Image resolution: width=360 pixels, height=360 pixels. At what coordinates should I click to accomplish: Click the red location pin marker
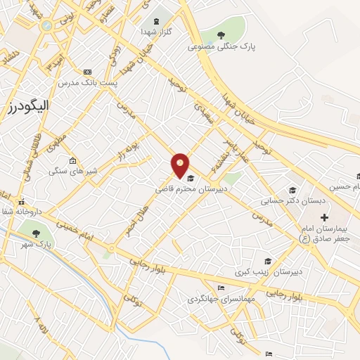tap(181, 165)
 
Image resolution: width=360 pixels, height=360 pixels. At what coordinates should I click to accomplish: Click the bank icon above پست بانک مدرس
tap(87, 72)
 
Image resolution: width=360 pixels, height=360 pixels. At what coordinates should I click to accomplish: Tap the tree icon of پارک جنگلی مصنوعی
tap(221, 35)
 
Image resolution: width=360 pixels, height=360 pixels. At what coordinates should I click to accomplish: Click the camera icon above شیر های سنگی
tap(72, 160)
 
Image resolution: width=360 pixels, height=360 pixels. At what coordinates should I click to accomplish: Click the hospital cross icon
tap(323, 218)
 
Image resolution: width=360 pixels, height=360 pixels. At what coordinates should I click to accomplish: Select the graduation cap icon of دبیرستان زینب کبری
tap(266, 261)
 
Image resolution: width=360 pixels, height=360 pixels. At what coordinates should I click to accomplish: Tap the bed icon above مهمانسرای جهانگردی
tap(221, 288)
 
